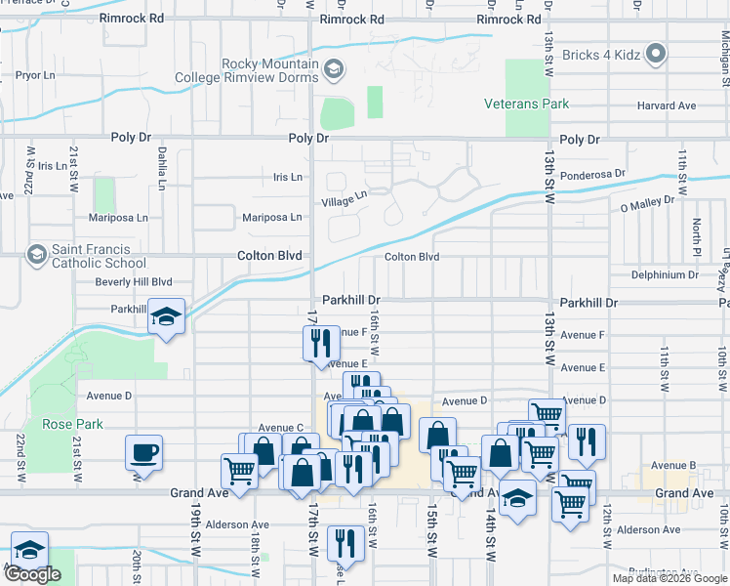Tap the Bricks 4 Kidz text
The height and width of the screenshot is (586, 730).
pyautogui.click(x=601, y=55)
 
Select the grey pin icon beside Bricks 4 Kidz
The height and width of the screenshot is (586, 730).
pyautogui.click(x=657, y=55)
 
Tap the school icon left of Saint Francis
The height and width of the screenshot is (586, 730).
pyautogui.click(x=37, y=255)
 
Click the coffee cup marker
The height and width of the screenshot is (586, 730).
pyautogui.click(x=144, y=453)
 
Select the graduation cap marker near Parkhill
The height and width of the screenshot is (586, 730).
pyautogui.click(x=168, y=317)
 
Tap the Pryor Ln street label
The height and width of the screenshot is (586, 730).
pyautogui.click(x=35, y=74)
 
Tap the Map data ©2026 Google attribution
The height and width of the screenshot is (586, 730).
pyautogui.click(x=669, y=578)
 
